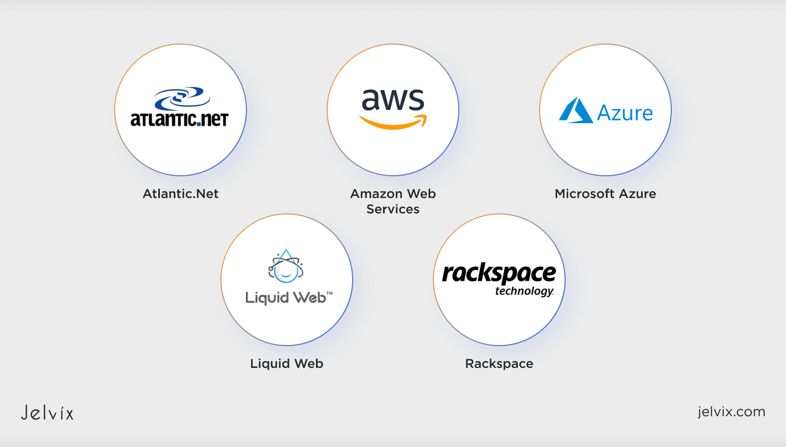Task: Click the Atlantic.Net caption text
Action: click(181, 194)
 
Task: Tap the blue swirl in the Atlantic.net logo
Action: click(182, 98)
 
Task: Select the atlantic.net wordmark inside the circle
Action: click(180, 119)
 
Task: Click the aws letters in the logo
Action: click(393, 99)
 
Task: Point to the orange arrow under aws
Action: click(393, 123)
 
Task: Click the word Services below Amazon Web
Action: click(393, 209)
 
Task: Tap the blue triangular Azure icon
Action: click(576, 110)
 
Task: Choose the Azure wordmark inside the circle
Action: click(625, 113)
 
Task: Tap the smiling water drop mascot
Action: click(286, 267)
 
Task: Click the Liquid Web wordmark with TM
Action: click(288, 297)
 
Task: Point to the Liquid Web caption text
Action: click(287, 364)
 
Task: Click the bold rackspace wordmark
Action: click(499, 273)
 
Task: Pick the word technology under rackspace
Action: click(524, 291)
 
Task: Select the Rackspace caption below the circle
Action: click(499, 364)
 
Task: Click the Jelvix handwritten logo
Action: click(47, 412)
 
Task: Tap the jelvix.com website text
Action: click(731, 411)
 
